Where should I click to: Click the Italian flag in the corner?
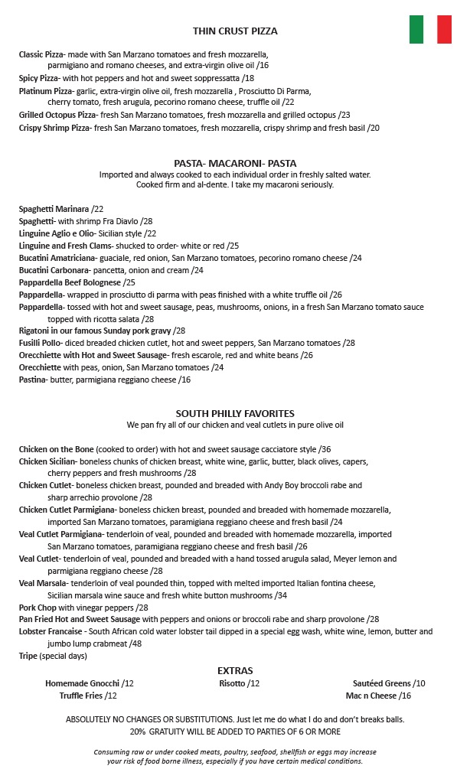tap(429, 29)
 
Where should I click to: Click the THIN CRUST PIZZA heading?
tap(235, 31)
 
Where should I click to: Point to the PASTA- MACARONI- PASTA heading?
tap(235, 163)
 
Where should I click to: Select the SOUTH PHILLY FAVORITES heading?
tap(235, 413)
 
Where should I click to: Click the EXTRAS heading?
tap(235, 670)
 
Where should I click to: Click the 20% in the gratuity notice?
tap(138, 732)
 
